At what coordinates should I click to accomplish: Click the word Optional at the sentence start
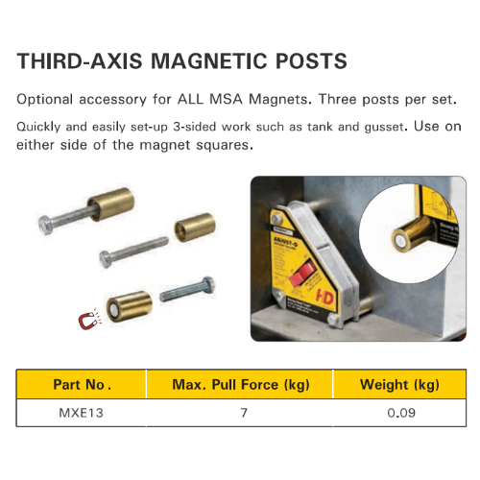(x=46, y=99)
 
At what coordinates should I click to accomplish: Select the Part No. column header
(x=82, y=385)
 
